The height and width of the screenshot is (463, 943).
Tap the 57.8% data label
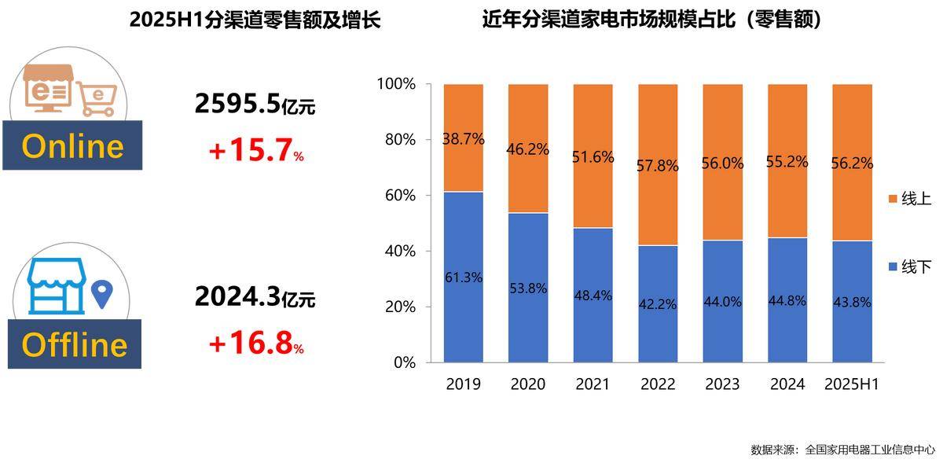click(x=658, y=167)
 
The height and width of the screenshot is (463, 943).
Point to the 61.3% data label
click(x=463, y=277)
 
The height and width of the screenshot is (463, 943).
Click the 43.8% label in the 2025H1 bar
click(x=852, y=302)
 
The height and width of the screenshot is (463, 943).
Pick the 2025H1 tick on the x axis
click(x=852, y=384)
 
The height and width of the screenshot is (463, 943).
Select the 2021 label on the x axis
click(x=593, y=384)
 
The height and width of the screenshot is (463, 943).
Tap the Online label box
click(x=72, y=146)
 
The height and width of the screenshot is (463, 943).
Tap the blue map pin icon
click(x=100, y=294)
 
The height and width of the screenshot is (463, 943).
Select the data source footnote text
click(x=842, y=450)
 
